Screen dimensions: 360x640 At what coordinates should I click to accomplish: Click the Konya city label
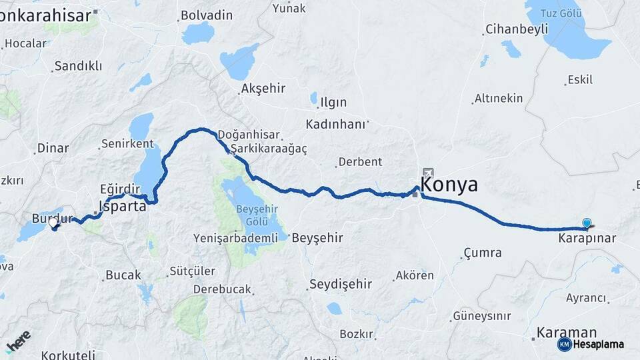tap(450, 185)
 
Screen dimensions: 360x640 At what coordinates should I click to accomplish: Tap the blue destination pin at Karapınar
tap(587, 224)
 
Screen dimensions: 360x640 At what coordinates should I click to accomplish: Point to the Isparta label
tap(122, 206)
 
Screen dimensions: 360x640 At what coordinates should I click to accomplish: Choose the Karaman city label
tap(567, 332)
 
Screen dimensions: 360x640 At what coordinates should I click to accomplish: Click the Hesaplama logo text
tap(597, 344)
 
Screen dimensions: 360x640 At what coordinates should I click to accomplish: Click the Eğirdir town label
tap(121, 189)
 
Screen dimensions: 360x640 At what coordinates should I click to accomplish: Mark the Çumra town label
tap(481, 253)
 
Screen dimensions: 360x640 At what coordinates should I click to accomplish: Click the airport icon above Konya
tap(427, 172)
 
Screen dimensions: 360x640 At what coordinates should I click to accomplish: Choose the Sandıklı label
tap(78, 65)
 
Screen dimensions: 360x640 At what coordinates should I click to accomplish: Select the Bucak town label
tap(123, 275)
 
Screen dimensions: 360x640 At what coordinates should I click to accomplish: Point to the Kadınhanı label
tap(336, 124)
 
